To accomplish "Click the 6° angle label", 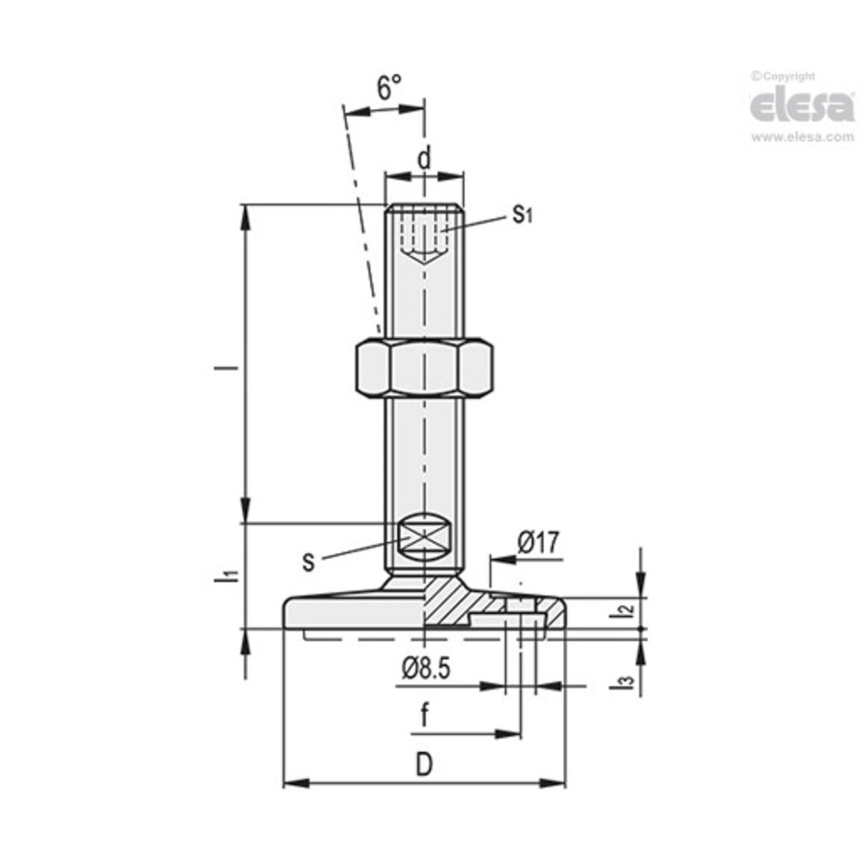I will [x=389, y=89].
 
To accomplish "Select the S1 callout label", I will [x=522, y=215].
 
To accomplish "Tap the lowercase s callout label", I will [x=308, y=561].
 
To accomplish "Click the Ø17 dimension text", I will [x=538, y=543].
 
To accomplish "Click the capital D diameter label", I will [x=423, y=765].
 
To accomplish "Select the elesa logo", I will [x=802, y=106].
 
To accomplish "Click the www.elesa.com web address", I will [x=802, y=137].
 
